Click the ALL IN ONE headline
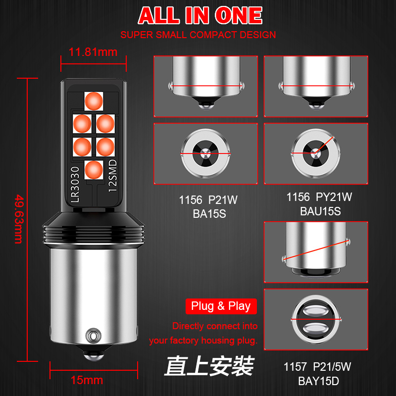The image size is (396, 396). coord(200,15)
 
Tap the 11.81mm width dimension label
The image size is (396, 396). coord(93,52)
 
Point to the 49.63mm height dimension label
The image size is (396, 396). coord(19,219)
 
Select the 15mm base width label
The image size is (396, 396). coord(87,380)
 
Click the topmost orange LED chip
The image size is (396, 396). coord(94,101)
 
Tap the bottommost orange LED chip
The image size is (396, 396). coord(94,170)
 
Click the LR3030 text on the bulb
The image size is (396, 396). coord(75,184)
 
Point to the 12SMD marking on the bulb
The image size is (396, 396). coord(113,176)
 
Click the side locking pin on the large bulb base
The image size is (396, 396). coord(93,336)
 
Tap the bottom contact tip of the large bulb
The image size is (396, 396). coord(94,355)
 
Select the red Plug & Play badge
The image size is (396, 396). coord(221,306)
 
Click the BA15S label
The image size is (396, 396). coord(209,214)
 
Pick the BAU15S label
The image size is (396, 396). coord(320,211)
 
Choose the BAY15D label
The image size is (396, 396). coord(318,381)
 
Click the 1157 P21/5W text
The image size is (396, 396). coord(317,367)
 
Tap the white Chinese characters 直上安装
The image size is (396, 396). coord(209,366)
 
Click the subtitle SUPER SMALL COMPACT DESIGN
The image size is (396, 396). coord(198,35)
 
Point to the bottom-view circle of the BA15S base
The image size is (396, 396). coord(205,153)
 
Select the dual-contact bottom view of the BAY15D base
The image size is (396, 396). coord(316,319)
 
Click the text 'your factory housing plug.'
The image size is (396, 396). coord(203,341)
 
